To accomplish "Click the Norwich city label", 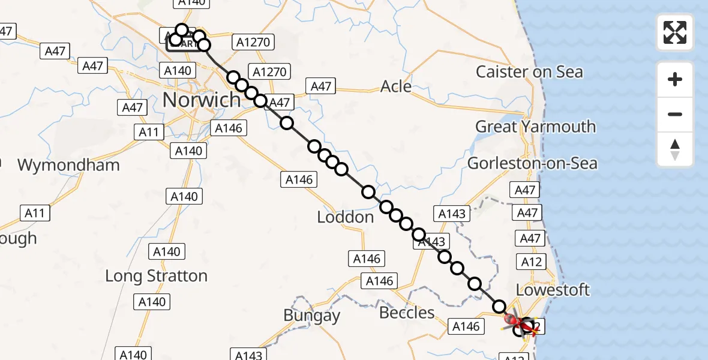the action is click(202, 100).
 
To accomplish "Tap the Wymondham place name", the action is click(68, 165).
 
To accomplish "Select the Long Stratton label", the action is click(156, 276).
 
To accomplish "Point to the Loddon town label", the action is click(345, 217).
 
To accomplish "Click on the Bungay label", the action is click(311, 316).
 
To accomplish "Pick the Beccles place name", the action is click(407, 313).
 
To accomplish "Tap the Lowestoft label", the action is click(553, 290).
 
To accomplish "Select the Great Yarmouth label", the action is click(535, 127).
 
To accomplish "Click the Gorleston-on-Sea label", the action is click(532, 163).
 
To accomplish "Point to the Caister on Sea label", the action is click(529, 72).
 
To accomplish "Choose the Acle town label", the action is click(396, 86).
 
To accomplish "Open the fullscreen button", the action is click(675, 32).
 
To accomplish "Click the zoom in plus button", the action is click(675, 79).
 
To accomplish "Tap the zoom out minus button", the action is click(675, 114).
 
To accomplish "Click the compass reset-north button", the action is click(675, 149).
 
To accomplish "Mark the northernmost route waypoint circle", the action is click(182, 29).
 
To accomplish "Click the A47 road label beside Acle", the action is click(321, 86).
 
